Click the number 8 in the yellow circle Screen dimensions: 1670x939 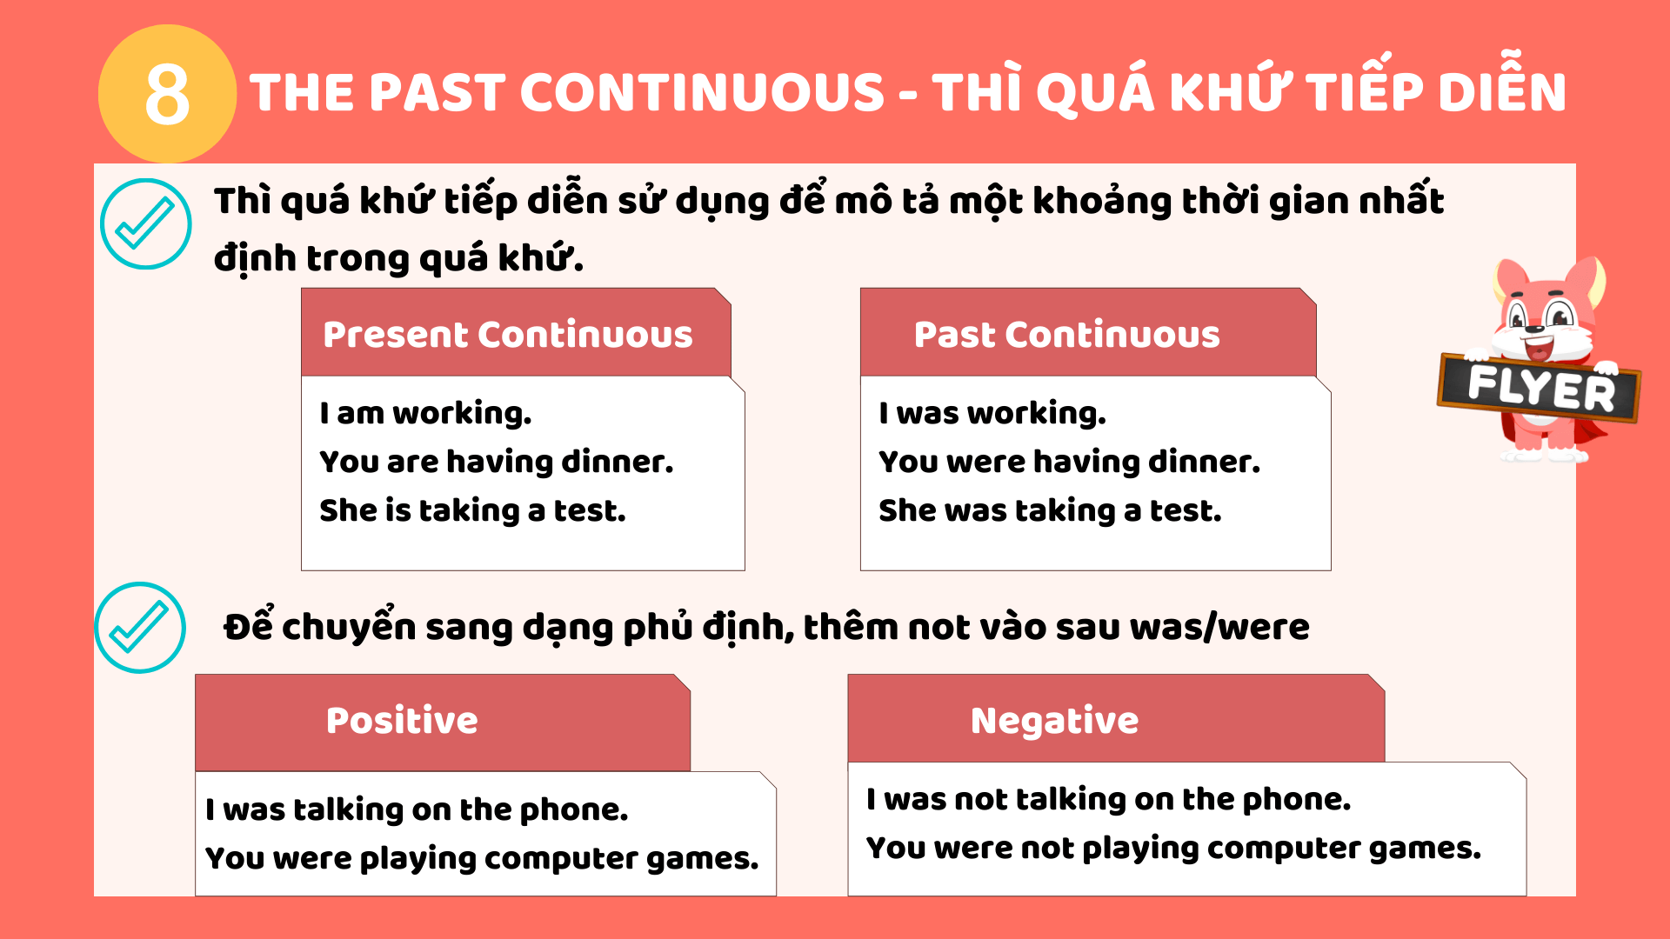[167, 94]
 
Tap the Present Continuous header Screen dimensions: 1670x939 [508, 335]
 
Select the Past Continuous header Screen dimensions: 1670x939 [1067, 335]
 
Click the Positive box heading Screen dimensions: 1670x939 [402, 721]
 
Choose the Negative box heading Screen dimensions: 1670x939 [1054, 722]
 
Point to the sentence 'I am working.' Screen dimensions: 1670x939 [425, 413]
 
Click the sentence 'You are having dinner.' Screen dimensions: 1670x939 [497, 462]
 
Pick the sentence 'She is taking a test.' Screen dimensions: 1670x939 [472, 510]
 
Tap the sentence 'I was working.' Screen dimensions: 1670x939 [992, 413]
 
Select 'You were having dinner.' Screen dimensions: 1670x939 [1069, 462]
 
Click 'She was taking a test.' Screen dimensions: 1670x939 [1050, 510]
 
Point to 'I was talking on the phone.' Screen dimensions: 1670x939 [417, 809]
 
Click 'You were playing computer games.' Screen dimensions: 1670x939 [482, 858]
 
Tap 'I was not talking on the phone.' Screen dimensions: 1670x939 [1109, 799]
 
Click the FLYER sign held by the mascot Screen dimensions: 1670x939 [1540, 388]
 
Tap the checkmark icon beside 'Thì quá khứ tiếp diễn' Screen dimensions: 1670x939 [145, 223]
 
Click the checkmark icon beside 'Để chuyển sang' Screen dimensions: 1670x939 [140, 627]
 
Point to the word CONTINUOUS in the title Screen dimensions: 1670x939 [702, 92]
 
